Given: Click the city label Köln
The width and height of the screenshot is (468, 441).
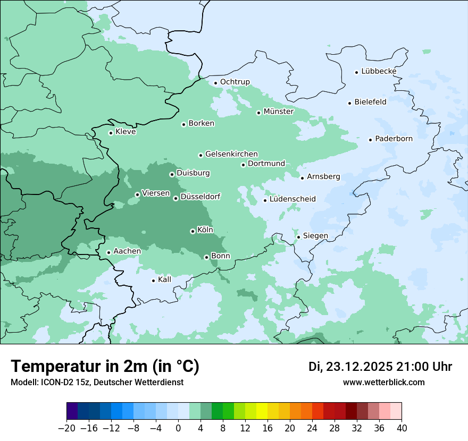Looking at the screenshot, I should pyautogui.click(x=205, y=230).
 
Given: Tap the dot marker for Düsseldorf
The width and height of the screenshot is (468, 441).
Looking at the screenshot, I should pyautogui.click(x=175, y=198).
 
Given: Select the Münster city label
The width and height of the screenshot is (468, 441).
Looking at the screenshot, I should pyautogui.click(x=278, y=112).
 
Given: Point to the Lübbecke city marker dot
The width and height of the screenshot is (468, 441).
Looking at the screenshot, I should pyautogui.click(x=356, y=72).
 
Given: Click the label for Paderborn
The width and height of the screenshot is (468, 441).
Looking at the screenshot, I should pyautogui.click(x=394, y=139).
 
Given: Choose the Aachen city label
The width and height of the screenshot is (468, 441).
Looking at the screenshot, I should pyautogui.click(x=127, y=251).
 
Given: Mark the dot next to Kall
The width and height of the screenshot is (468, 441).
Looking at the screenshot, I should pyautogui.click(x=153, y=281).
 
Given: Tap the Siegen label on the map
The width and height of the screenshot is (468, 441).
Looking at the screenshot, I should pyautogui.click(x=315, y=236).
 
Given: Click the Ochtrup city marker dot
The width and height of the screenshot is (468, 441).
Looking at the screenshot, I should pyautogui.click(x=215, y=82).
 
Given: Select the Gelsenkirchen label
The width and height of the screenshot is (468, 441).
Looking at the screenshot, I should pyautogui.click(x=231, y=154).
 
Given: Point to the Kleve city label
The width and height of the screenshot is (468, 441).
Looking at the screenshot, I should pyautogui.click(x=126, y=132).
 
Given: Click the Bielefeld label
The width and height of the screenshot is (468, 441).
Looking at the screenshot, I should pyautogui.click(x=370, y=102).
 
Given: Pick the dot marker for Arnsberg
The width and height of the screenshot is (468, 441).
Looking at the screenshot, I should pyautogui.click(x=302, y=177).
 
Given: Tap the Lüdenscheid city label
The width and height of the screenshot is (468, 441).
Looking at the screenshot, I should pyautogui.click(x=292, y=199).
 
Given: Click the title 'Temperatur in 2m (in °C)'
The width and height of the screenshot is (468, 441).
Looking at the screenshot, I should pyautogui.click(x=105, y=366).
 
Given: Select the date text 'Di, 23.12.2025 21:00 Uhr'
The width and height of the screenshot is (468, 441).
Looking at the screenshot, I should pyautogui.click(x=380, y=367).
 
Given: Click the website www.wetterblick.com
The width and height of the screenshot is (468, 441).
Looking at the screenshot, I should pyautogui.click(x=383, y=382).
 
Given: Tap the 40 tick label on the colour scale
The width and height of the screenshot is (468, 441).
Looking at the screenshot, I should pyautogui.click(x=402, y=428).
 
